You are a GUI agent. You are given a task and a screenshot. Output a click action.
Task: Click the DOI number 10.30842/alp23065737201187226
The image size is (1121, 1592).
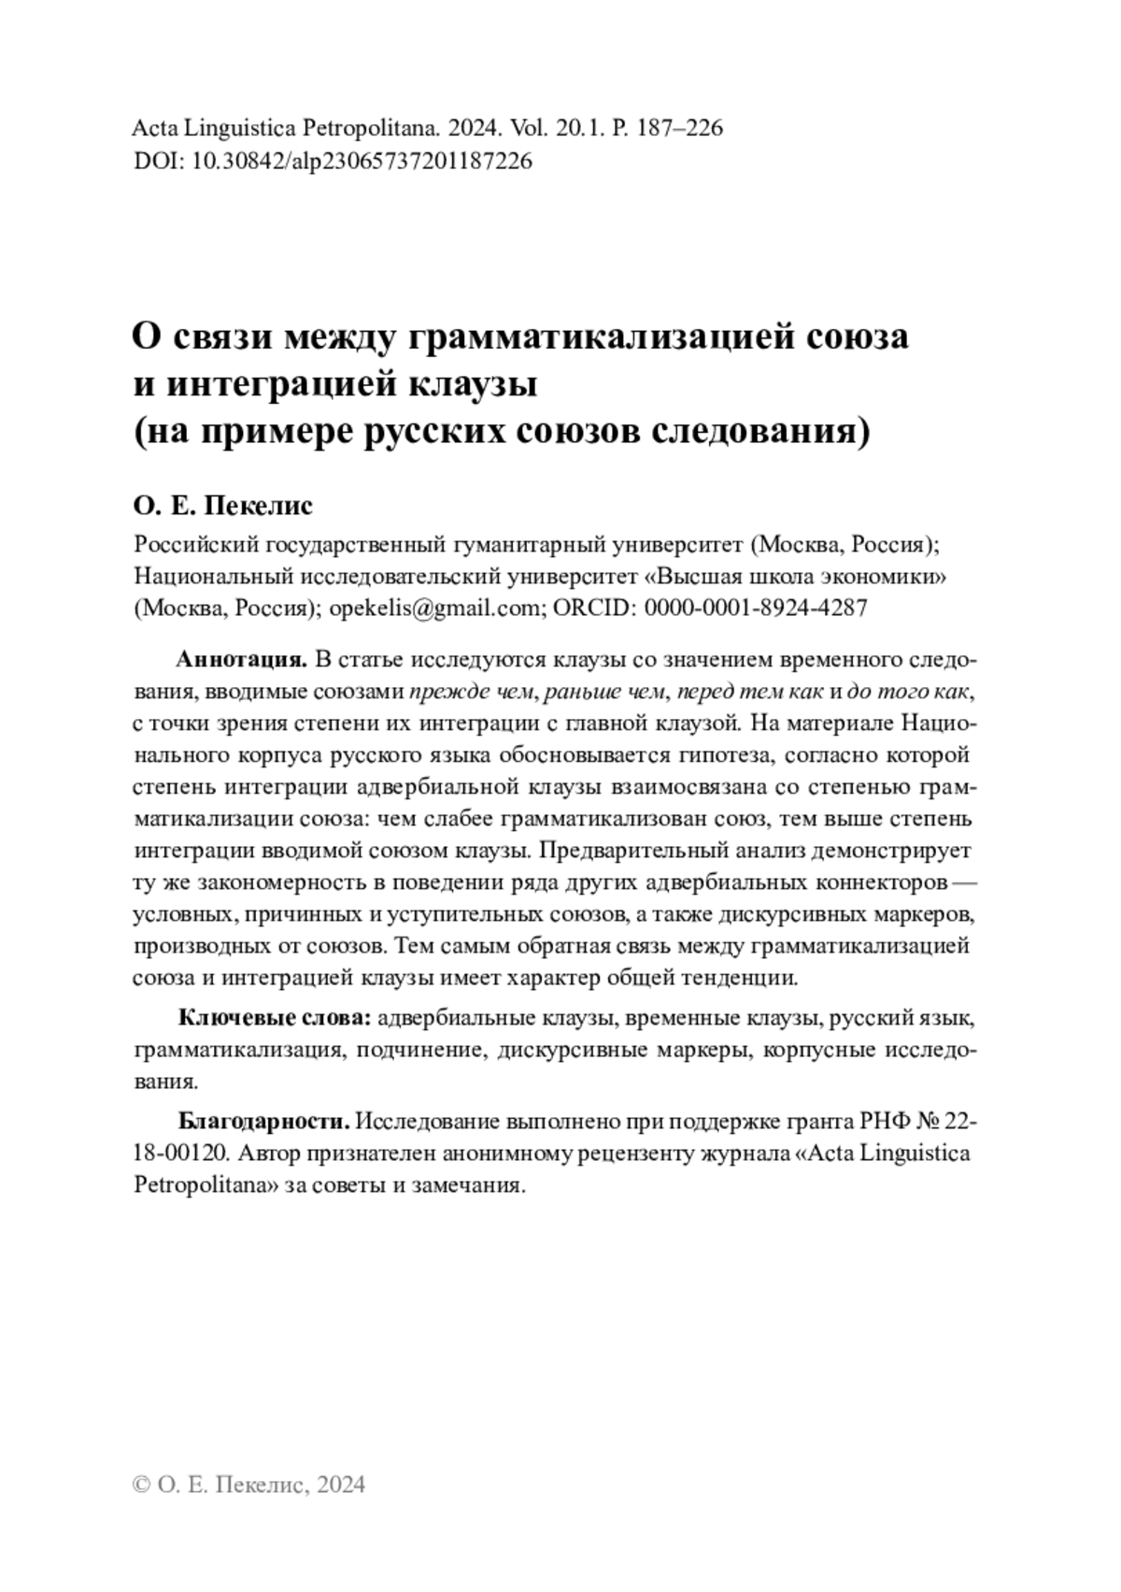[x=362, y=161]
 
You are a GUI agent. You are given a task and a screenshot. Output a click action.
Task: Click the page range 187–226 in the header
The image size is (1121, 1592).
[x=679, y=128]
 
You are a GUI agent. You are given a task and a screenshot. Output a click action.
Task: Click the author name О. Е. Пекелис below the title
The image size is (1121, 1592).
[x=223, y=506]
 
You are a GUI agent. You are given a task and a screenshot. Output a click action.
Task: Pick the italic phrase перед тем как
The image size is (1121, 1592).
[x=751, y=692]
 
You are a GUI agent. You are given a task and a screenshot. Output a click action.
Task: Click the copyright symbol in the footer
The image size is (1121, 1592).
[x=142, y=1484]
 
